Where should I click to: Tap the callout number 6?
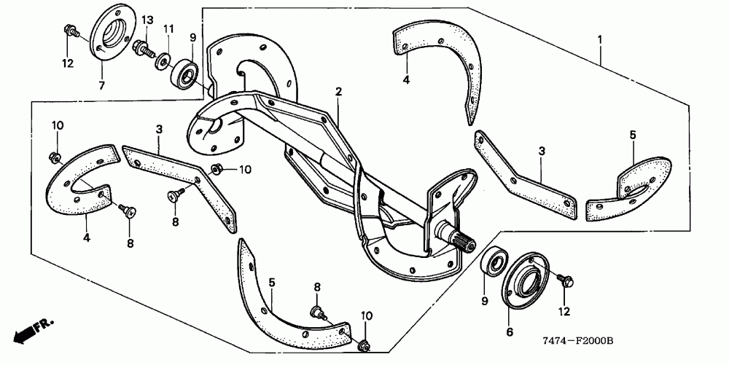click(x=510, y=332)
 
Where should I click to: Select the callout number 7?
click(x=101, y=86)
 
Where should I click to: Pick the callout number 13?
click(x=147, y=18)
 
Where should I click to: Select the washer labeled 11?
click(x=159, y=59)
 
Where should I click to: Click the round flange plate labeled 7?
click(x=110, y=36)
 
